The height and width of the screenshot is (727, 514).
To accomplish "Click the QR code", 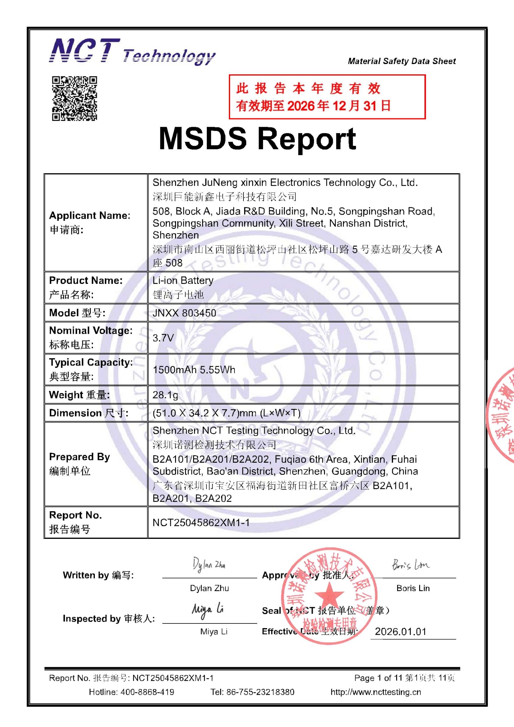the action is tap(74, 98).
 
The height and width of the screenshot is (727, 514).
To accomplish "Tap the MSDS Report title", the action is tap(257, 139).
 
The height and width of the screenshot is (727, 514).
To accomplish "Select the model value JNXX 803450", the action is tap(184, 313).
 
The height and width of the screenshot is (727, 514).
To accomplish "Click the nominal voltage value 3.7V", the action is tap(163, 338).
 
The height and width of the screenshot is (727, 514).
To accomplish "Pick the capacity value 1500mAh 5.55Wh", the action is tap(194, 370).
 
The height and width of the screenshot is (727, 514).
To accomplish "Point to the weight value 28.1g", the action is tap(165, 395).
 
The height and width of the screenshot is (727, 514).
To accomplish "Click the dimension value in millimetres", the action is tap(226, 413).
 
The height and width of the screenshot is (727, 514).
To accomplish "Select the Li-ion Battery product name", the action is tap(183, 281).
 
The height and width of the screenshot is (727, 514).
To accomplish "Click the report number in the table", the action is tap(201, 523).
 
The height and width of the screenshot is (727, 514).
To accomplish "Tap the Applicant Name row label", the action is tap(90, 216).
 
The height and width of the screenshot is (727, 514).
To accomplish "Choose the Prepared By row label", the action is tap(79, 457).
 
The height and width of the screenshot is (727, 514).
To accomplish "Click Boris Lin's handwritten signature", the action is tap(411, 565).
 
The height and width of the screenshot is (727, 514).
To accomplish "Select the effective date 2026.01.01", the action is tap(401, 632).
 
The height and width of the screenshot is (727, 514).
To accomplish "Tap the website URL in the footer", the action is tap(376, 692).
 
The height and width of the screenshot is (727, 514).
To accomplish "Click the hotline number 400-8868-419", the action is tap(147, 692).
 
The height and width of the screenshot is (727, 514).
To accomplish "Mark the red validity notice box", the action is tap(327, 97).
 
